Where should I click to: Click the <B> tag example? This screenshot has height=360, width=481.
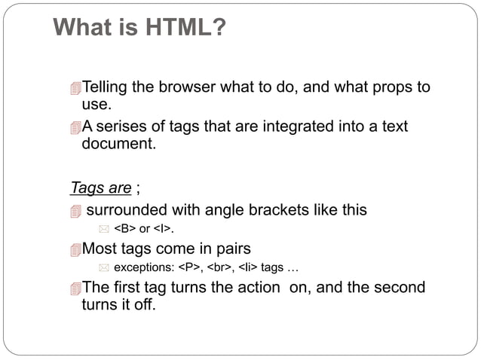[x=124, y=229]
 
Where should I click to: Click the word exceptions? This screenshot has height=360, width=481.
[x=143, y=267]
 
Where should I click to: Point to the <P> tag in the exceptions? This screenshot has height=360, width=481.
[x=189, y=267]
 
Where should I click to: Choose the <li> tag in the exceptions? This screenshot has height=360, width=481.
[x=248, y=267]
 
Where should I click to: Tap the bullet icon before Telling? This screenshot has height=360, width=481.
[x=74, y=89]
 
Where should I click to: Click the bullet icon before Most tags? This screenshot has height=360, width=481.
[x=74, y=250]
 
